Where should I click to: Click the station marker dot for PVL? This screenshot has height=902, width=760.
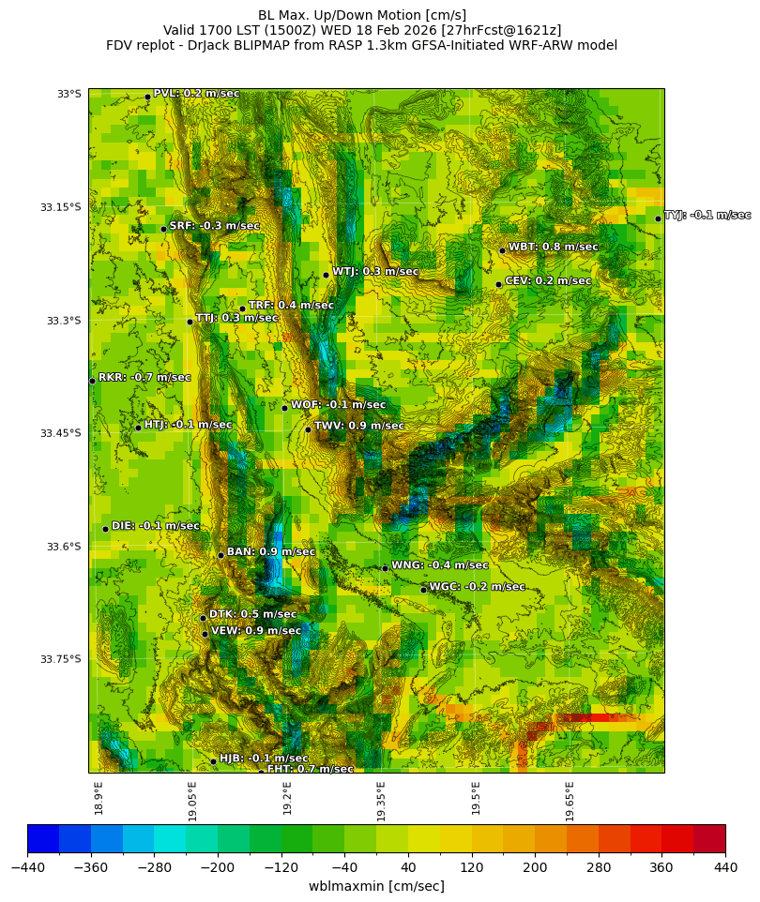(x=147, y=97)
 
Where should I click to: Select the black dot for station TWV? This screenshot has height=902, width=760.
(x=308, y=429)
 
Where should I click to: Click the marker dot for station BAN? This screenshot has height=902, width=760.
(x=220, y=555)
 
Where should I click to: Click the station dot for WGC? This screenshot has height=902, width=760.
(x=423, y=590)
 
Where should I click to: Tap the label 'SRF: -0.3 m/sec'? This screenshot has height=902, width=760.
(x=214, y=226)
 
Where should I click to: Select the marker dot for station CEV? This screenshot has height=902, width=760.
(x=498, y=284)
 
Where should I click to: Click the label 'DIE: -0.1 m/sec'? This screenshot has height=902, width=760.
(x=155, y=526)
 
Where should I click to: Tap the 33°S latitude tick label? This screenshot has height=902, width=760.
(x=69, y=94)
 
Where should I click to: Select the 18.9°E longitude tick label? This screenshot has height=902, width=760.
(x=99, y=798)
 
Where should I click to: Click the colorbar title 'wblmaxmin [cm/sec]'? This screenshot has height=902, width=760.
(x=376, y=886)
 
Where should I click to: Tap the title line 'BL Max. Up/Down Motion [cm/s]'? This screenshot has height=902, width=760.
(x=362, y=15)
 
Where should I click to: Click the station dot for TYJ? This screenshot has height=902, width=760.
(x=658, y=218)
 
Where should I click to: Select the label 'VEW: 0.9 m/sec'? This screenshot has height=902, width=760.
(x=255, y=631)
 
